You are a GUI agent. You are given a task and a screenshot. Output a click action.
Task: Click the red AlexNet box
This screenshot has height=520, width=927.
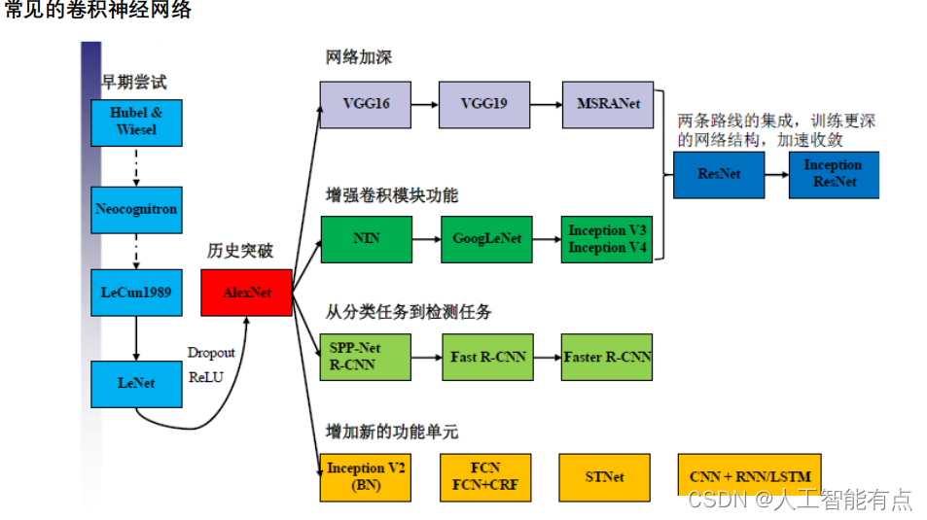[x=246, y=292]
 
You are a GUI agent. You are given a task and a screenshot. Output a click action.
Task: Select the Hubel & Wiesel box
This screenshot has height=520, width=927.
[x=136, y=121]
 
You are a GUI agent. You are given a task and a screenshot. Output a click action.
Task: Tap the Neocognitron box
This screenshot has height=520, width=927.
[x=136, y=209]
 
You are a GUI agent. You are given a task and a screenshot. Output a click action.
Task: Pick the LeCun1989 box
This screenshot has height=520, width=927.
[x=136, y=292]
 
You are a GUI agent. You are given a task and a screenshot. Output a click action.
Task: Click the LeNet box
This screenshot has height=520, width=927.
[x=136, y=383]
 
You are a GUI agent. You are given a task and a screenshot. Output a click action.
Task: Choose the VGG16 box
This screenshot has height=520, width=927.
[x=366, y=104]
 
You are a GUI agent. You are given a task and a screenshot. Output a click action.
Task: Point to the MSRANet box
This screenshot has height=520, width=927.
[x=608, y=104]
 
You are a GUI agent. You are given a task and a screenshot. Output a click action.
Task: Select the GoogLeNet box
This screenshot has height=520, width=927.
[x=486, y=239]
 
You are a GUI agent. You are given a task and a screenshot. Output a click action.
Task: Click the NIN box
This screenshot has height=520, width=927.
[x=366, y=239]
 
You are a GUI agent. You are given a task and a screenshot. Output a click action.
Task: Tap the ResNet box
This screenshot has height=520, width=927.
[x=719, y=174]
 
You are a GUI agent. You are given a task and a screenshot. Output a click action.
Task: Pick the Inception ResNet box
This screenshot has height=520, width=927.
[x=833, y=174]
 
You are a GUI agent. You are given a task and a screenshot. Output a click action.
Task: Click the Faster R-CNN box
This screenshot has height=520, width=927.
[x=608, y=357]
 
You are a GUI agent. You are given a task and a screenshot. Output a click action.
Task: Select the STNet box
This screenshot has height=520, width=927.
[x=604, y=477]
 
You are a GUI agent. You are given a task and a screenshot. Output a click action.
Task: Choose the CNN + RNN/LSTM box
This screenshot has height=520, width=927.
[x=749, y=476]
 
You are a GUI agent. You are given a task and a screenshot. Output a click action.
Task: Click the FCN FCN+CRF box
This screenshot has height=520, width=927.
[x=485, y=477]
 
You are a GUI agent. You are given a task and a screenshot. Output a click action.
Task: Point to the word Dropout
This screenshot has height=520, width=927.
[x=211, y=353]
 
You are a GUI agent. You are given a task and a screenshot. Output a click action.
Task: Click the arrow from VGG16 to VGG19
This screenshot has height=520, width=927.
[x=424, y=104]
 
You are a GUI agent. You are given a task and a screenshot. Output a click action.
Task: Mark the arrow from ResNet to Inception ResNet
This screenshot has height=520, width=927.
[x=775, y=174]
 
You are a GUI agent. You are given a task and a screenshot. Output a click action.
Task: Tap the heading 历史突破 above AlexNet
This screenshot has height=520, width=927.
[x=240, y=251]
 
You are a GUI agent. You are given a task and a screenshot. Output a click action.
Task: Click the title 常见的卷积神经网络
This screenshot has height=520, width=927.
[x=98, y=11]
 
